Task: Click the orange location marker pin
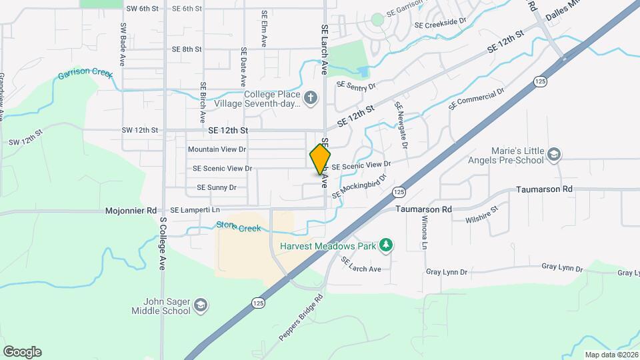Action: (320, 159)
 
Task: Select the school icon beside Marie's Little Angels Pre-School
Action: (553, 155)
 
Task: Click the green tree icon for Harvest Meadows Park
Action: (385, 246)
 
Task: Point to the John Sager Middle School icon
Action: (201, 306)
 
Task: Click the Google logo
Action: (22, 352)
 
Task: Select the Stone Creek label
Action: (238, 227)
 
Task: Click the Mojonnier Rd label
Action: (131, 211)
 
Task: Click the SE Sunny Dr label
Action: (217, 188)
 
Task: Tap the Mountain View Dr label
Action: (217, 149)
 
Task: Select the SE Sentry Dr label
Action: (357, 85)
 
